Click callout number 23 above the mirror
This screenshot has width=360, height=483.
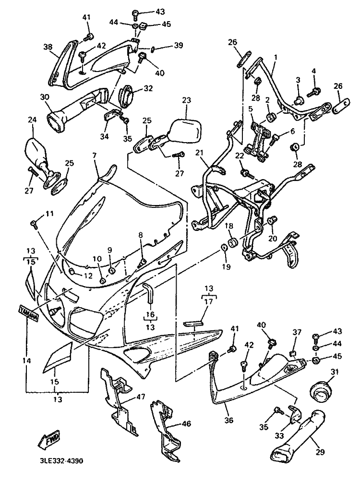coord(187,101)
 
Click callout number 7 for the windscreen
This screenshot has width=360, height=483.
coord(94,156)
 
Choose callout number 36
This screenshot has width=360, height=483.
coord(229,420)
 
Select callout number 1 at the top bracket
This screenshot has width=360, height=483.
coord(276,57)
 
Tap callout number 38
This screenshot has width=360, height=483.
coord(48,48)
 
